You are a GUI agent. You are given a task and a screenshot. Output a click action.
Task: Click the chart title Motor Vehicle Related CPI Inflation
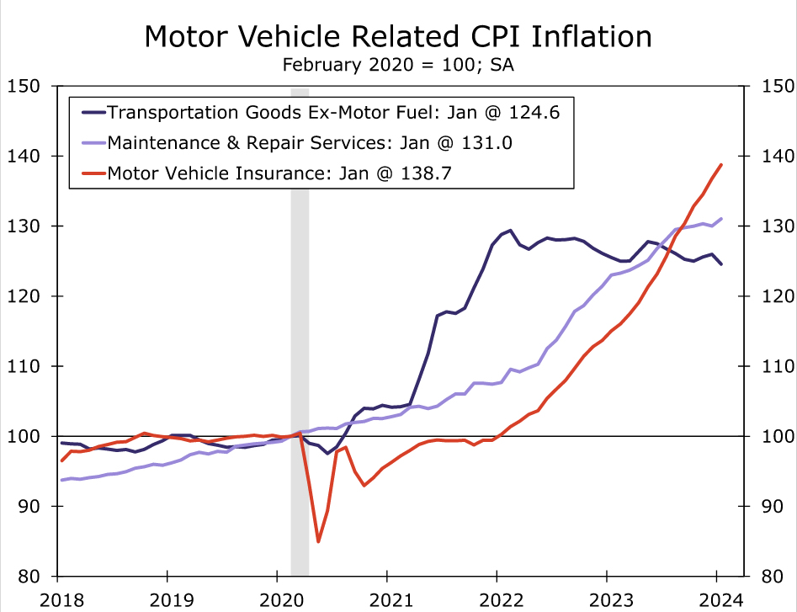pyautogui.click(x=398, y=36)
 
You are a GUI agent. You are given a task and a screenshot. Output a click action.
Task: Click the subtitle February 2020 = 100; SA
pyautogui.click(x=398, y=65)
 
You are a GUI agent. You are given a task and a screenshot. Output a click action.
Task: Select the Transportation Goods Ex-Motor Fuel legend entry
pyautogui.click(x=320, y=112)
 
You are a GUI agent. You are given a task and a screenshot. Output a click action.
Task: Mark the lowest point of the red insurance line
pyautogui.click(x=318, y=541)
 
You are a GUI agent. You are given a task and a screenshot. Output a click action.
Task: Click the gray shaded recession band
pyautogui.click(x=300, y=337)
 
